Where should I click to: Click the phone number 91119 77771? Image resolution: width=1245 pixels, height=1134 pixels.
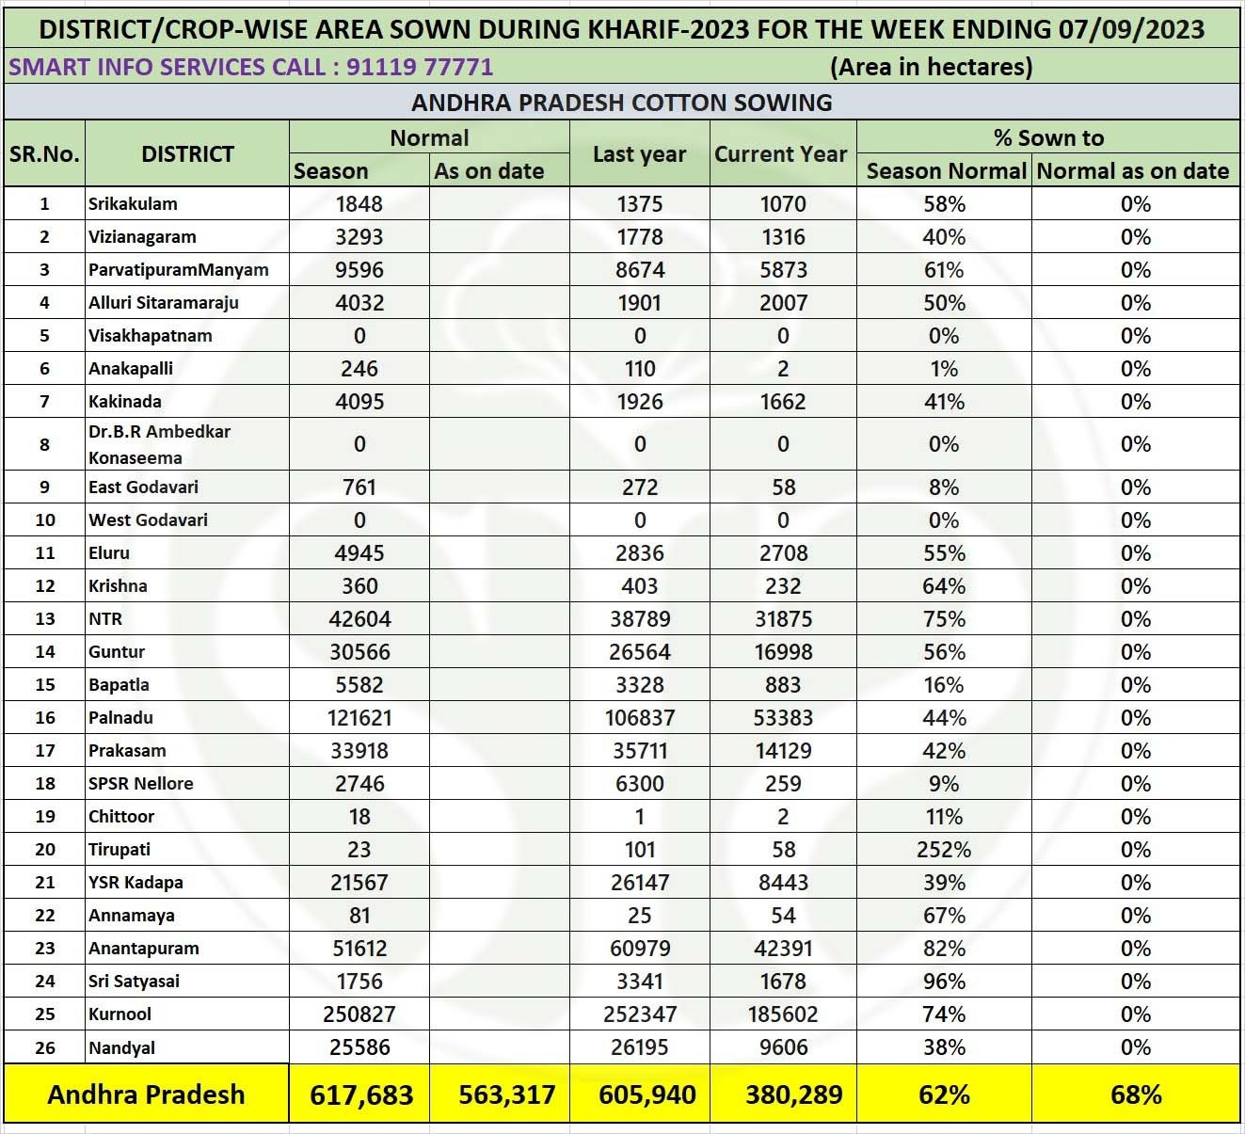(x=420, y=67)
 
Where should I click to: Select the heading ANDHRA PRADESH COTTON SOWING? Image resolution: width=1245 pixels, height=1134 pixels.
(x=622, y=103)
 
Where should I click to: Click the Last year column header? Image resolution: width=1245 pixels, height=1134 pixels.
(x=639, y=154)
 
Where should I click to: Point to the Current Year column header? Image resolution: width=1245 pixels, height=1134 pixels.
(x=781, y=154)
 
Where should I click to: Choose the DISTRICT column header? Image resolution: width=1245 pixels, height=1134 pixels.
(x=187, y=154)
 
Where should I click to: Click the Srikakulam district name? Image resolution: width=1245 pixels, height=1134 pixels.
(x=133, y=204)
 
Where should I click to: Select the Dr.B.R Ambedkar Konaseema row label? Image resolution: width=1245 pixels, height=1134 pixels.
(x=159, y=444)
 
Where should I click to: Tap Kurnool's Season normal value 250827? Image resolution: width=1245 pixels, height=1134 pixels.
(x=359, y=1014)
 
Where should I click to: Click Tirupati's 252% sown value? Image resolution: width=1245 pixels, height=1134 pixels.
(x=943, y=850)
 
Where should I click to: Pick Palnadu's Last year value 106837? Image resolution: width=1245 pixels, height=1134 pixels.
(x=640, y=718)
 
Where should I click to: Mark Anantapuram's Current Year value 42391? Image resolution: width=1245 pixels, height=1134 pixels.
(x=783, y=949)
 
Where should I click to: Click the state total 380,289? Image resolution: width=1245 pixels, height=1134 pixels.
(x=793, y=1094)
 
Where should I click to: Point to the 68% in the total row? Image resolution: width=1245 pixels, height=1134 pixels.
(x=1136, y=1094)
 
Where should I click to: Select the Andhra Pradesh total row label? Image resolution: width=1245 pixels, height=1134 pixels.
(x=146, y=1094)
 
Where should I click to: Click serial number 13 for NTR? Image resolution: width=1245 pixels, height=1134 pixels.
(x=44, y=619)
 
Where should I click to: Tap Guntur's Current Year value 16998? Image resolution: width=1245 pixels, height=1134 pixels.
(x=783, y=652)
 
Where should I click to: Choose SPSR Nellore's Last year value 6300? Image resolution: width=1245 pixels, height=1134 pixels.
(x=640, y=784)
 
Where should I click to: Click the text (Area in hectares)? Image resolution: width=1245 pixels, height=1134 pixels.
(x=931, y=67)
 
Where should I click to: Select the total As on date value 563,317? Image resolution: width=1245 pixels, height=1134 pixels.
(x=507, y=1094)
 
